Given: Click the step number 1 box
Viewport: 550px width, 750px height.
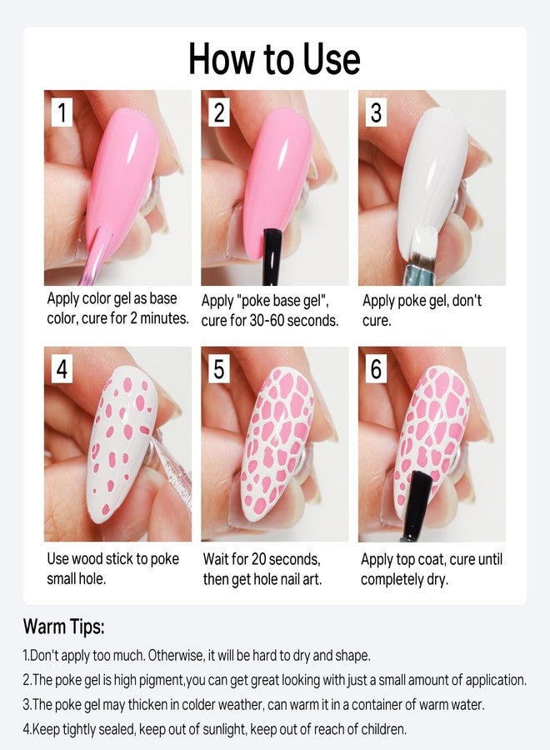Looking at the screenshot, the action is point(62,112).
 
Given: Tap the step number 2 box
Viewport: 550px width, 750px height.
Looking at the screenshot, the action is point(219,112).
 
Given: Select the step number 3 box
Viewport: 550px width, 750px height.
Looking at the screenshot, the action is point(377,112).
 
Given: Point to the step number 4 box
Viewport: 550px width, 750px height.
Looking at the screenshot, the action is point(62,369).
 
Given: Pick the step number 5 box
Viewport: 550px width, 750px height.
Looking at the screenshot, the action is point(219,369).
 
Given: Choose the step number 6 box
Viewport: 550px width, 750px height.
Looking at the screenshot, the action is point(377,369).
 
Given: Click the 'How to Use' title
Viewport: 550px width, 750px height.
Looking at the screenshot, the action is point(274,59).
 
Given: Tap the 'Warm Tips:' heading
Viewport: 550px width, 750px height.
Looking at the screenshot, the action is point(63,626).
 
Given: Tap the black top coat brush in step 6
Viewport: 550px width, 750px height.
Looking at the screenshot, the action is point(416,505).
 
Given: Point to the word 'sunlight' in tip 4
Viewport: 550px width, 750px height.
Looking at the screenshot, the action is point(224,729).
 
